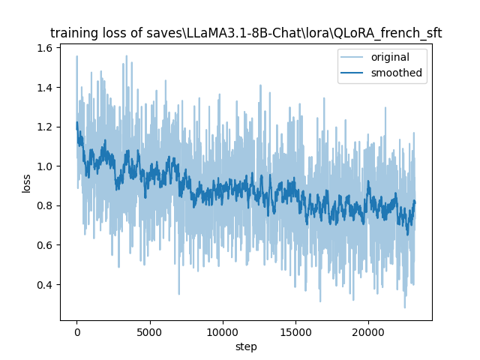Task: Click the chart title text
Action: tap(246, 33)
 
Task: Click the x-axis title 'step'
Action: tap(246, 347)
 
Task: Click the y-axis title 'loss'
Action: tap(26, 182)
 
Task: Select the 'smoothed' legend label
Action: tap(397, 73)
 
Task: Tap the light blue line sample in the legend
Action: tap(354, 58)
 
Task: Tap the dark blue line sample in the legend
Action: tap(354, 73)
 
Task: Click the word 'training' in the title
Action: tap(72, 33)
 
